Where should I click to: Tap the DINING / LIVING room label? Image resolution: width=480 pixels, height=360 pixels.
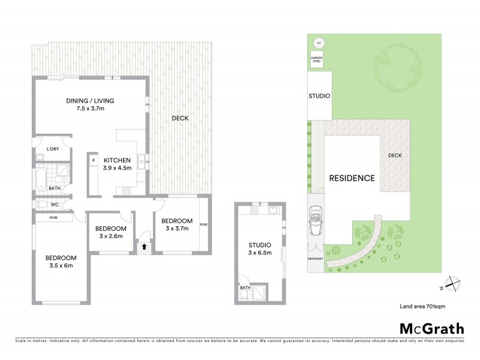tap(90, 101)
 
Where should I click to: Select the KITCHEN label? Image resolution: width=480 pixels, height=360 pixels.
tap(118, 160)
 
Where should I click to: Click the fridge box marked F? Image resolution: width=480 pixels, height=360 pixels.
tap(94, 161)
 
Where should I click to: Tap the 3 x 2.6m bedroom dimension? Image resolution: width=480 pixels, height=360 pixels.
tap(110, 236)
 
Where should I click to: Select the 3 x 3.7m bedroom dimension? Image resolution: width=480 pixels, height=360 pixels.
tap(177, 228)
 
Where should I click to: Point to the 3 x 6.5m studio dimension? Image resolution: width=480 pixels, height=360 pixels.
tap(260, 253)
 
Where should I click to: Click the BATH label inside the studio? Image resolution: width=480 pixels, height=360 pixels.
tap(245, 288)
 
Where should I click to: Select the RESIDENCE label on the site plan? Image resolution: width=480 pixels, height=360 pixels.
tap(352, 178)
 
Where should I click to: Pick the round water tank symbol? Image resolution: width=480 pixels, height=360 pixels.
tap(319, 43)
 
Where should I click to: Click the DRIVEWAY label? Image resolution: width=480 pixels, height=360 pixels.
tap(315, 259)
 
